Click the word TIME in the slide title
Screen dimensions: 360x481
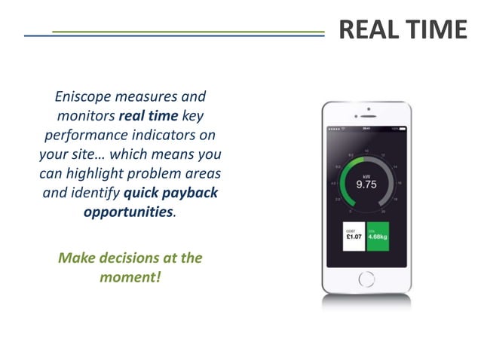click(x=437, y=30)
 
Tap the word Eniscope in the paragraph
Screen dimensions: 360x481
click(x=86, y=97)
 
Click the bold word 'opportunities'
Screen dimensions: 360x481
click(x=127, y=211)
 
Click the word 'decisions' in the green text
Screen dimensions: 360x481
click(x=130, y=258)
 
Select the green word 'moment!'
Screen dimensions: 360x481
click(x=130, y=276)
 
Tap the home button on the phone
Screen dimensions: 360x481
click(x=366, y=279)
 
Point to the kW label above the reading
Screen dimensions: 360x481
click(x=366, y=174)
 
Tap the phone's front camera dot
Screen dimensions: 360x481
click(x=366, y=109)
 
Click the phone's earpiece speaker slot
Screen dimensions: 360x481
click(x=366, y=117)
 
